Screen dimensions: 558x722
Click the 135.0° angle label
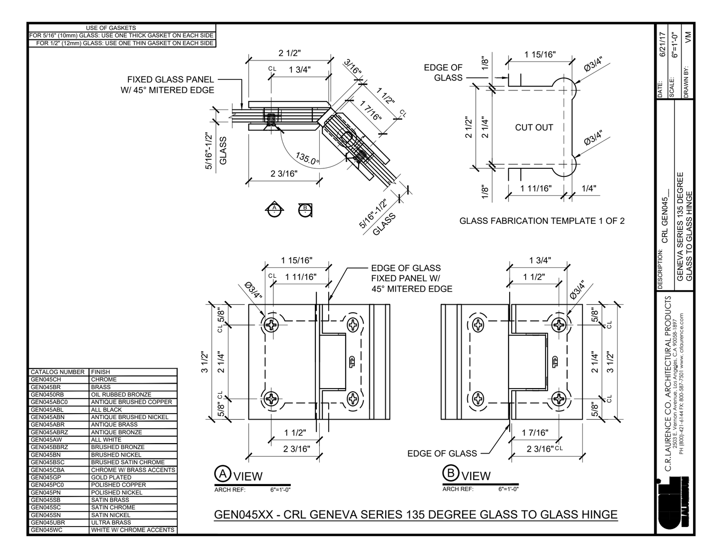pyautogui.click(x=307, y=159)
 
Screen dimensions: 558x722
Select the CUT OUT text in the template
pyautogui.click(x=534, y=127)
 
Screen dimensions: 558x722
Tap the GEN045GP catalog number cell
pyautogui.click(x=46, y=477)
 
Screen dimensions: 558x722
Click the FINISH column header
pyautogui.click(x=100, y=372)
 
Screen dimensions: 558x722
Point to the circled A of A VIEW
pyautogui.click(x=222, y=474)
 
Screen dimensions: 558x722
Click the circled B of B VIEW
pyautogui.click(x=451, y=474)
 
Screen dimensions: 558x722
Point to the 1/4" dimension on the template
pyautogui.click(x=589, y=188)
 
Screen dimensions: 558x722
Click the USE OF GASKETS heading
pyautogui.click(x=110, y=28)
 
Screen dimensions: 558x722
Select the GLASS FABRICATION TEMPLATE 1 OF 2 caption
pyautogui.click(x=542, y=221)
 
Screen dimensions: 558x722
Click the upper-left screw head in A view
pyautogui.click(x=272, y=325)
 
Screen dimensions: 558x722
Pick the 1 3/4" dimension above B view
pyautogui.click(x=540, y=260)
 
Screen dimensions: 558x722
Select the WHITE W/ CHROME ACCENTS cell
pyautogui.click(x=133, y=530)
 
